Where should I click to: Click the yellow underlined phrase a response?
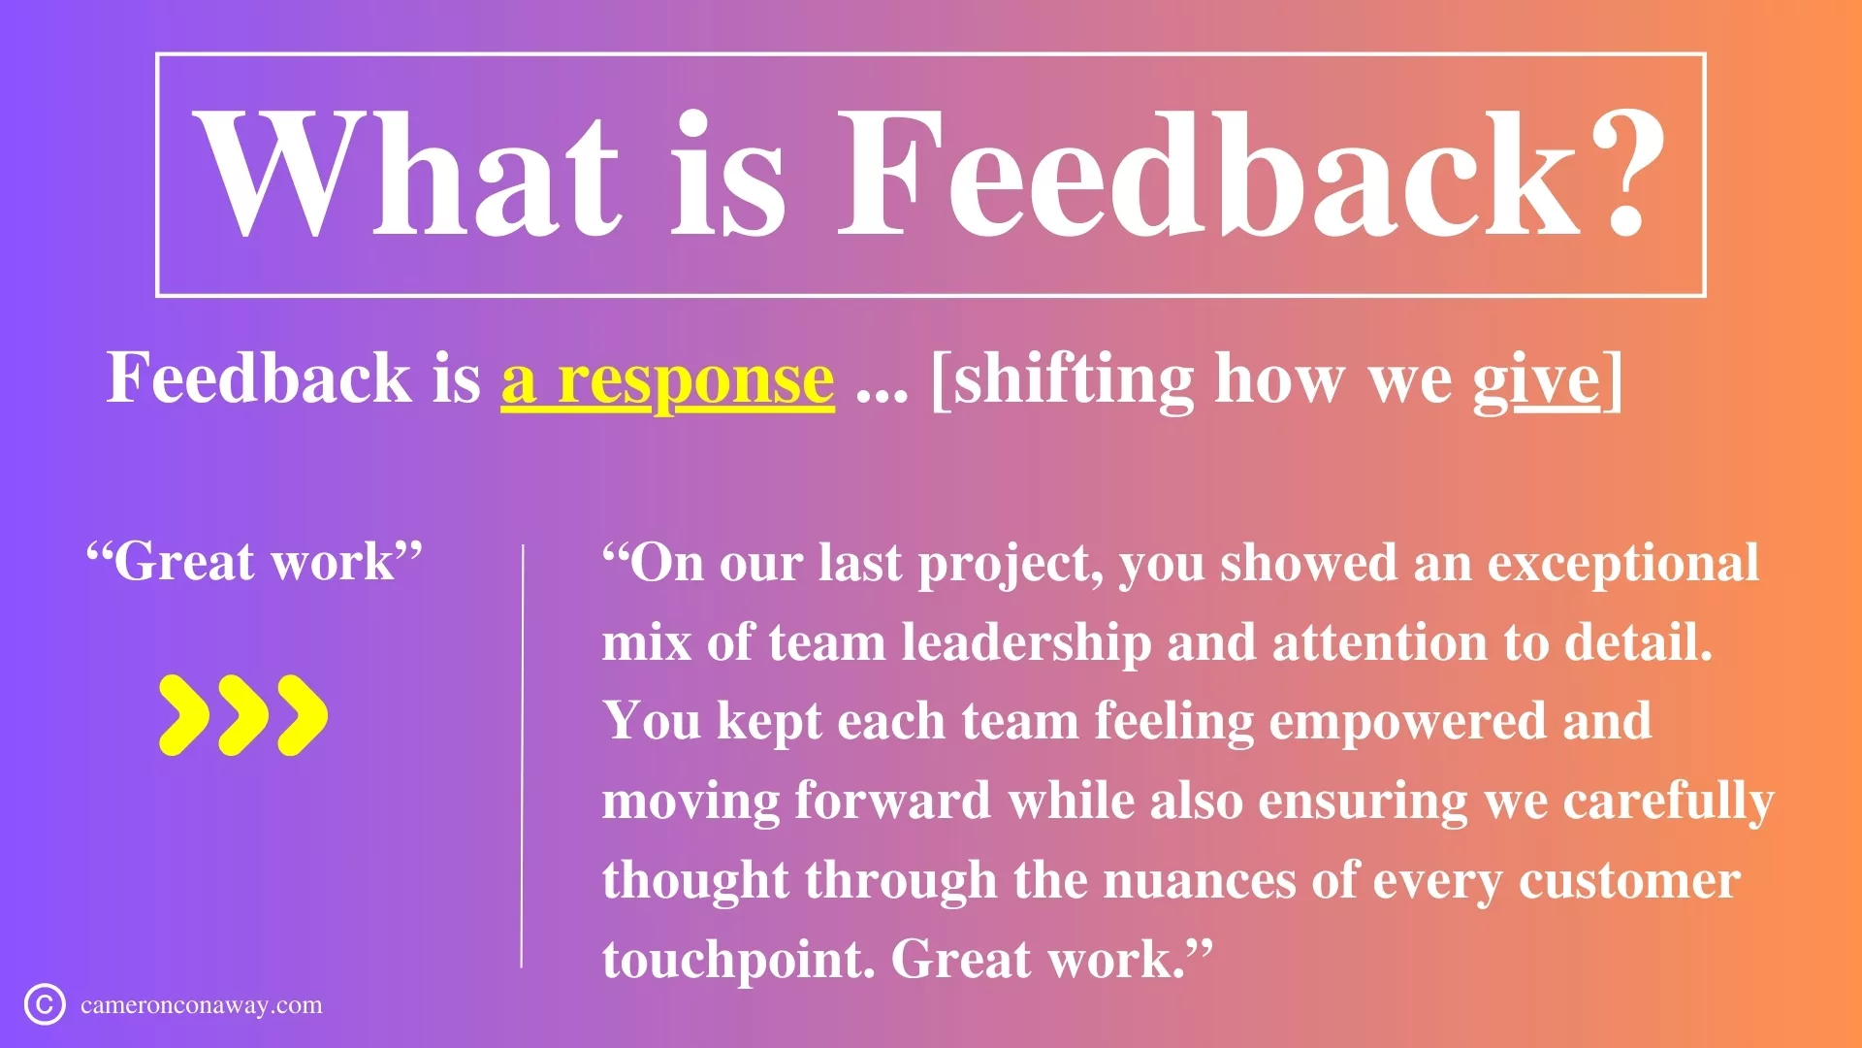(667, 378)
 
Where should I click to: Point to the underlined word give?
(1536, 380)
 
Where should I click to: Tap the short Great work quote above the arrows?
(254, 561)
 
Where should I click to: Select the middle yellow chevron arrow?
(242, 715)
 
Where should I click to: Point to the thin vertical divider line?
(522, 756)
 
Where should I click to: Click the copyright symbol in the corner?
(45, 1004)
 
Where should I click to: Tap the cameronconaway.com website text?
(202, 1005)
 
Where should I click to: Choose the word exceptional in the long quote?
(1623, 564)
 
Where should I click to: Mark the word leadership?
(1026, 642)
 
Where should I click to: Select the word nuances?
(1199, 881)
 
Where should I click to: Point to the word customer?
(1629, 881)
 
